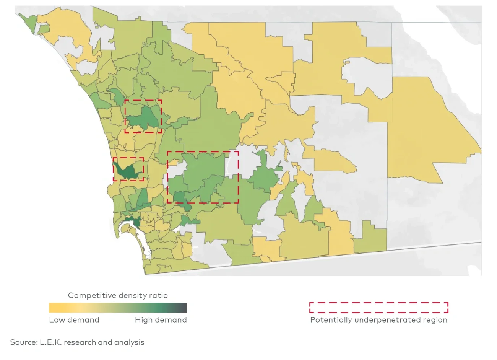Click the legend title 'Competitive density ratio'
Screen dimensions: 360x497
pyautogui.click(x=118, y=295)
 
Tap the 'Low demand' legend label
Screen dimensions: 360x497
pyautogui.click(x=74, y=320)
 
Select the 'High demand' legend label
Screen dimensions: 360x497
pyautogui.click(x=161, y=320)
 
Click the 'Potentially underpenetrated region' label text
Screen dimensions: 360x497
pyautogui.click(x=378, y=320)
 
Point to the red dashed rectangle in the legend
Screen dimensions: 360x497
pyautogui.click(x=378, y=308)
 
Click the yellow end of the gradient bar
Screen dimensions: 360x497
pyautogui.click(x=52, y=308)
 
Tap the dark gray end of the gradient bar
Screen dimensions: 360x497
pyautogui.click(x=184, y=308)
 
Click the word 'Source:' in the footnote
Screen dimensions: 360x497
pyautogui.click(x=24, y=342)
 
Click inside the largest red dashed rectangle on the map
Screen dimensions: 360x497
pyautogui.click(x=203, y=176)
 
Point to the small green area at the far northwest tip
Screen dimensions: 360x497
pyautogui.click(x=29, y=21)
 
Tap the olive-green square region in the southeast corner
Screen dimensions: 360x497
pyautogui.click(x=370, y=239)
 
